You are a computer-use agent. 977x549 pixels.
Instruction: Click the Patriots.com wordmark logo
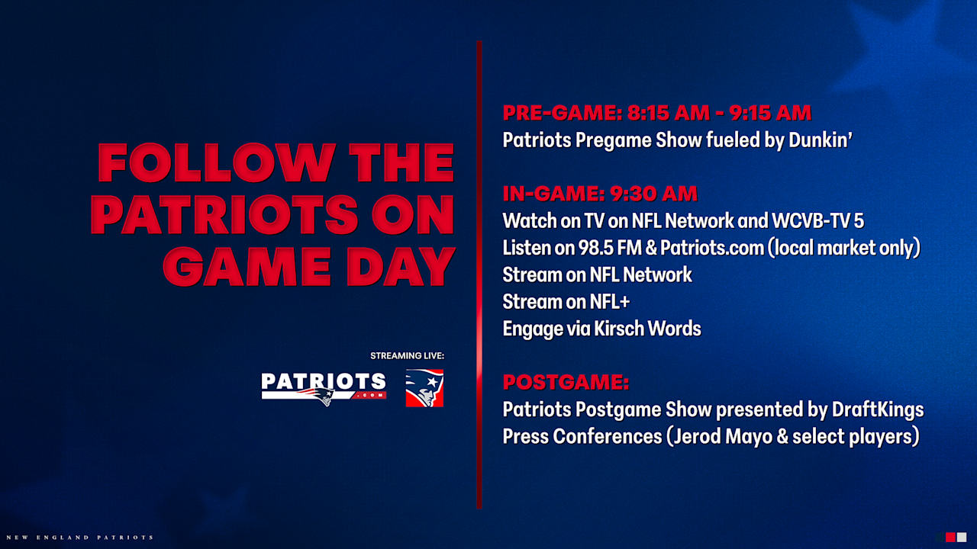pyautogui.click(x=323, y=387)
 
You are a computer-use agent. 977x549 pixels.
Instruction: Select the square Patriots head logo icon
pyautogui.click(x=424, y=387)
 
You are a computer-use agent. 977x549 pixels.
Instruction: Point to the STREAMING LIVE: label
pyautogui.click(x=407, y=356)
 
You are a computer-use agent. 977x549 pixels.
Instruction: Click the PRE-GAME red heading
pyautogui.click(x=561, y=113)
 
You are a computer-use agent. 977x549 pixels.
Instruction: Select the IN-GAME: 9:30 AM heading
pyautogui.click(x=599, y=194)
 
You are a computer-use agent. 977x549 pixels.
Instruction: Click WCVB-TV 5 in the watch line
pyautogui.click(x=817, y=221)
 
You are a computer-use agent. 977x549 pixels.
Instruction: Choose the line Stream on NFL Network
pyautogui.click(x=597, y=274)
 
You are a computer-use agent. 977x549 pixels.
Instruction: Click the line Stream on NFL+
pyautogui.click(x=566, y=302)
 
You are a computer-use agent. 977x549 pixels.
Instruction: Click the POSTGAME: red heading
pyautogui.click(x=566, y=382)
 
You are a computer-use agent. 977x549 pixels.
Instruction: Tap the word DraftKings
pyautogui.click(x=878, y=409)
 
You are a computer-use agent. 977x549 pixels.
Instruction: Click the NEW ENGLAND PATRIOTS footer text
pyautogui.click(x=77, y=538)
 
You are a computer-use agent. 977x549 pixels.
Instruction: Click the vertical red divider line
pyautogui.click(x=479, y=274)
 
